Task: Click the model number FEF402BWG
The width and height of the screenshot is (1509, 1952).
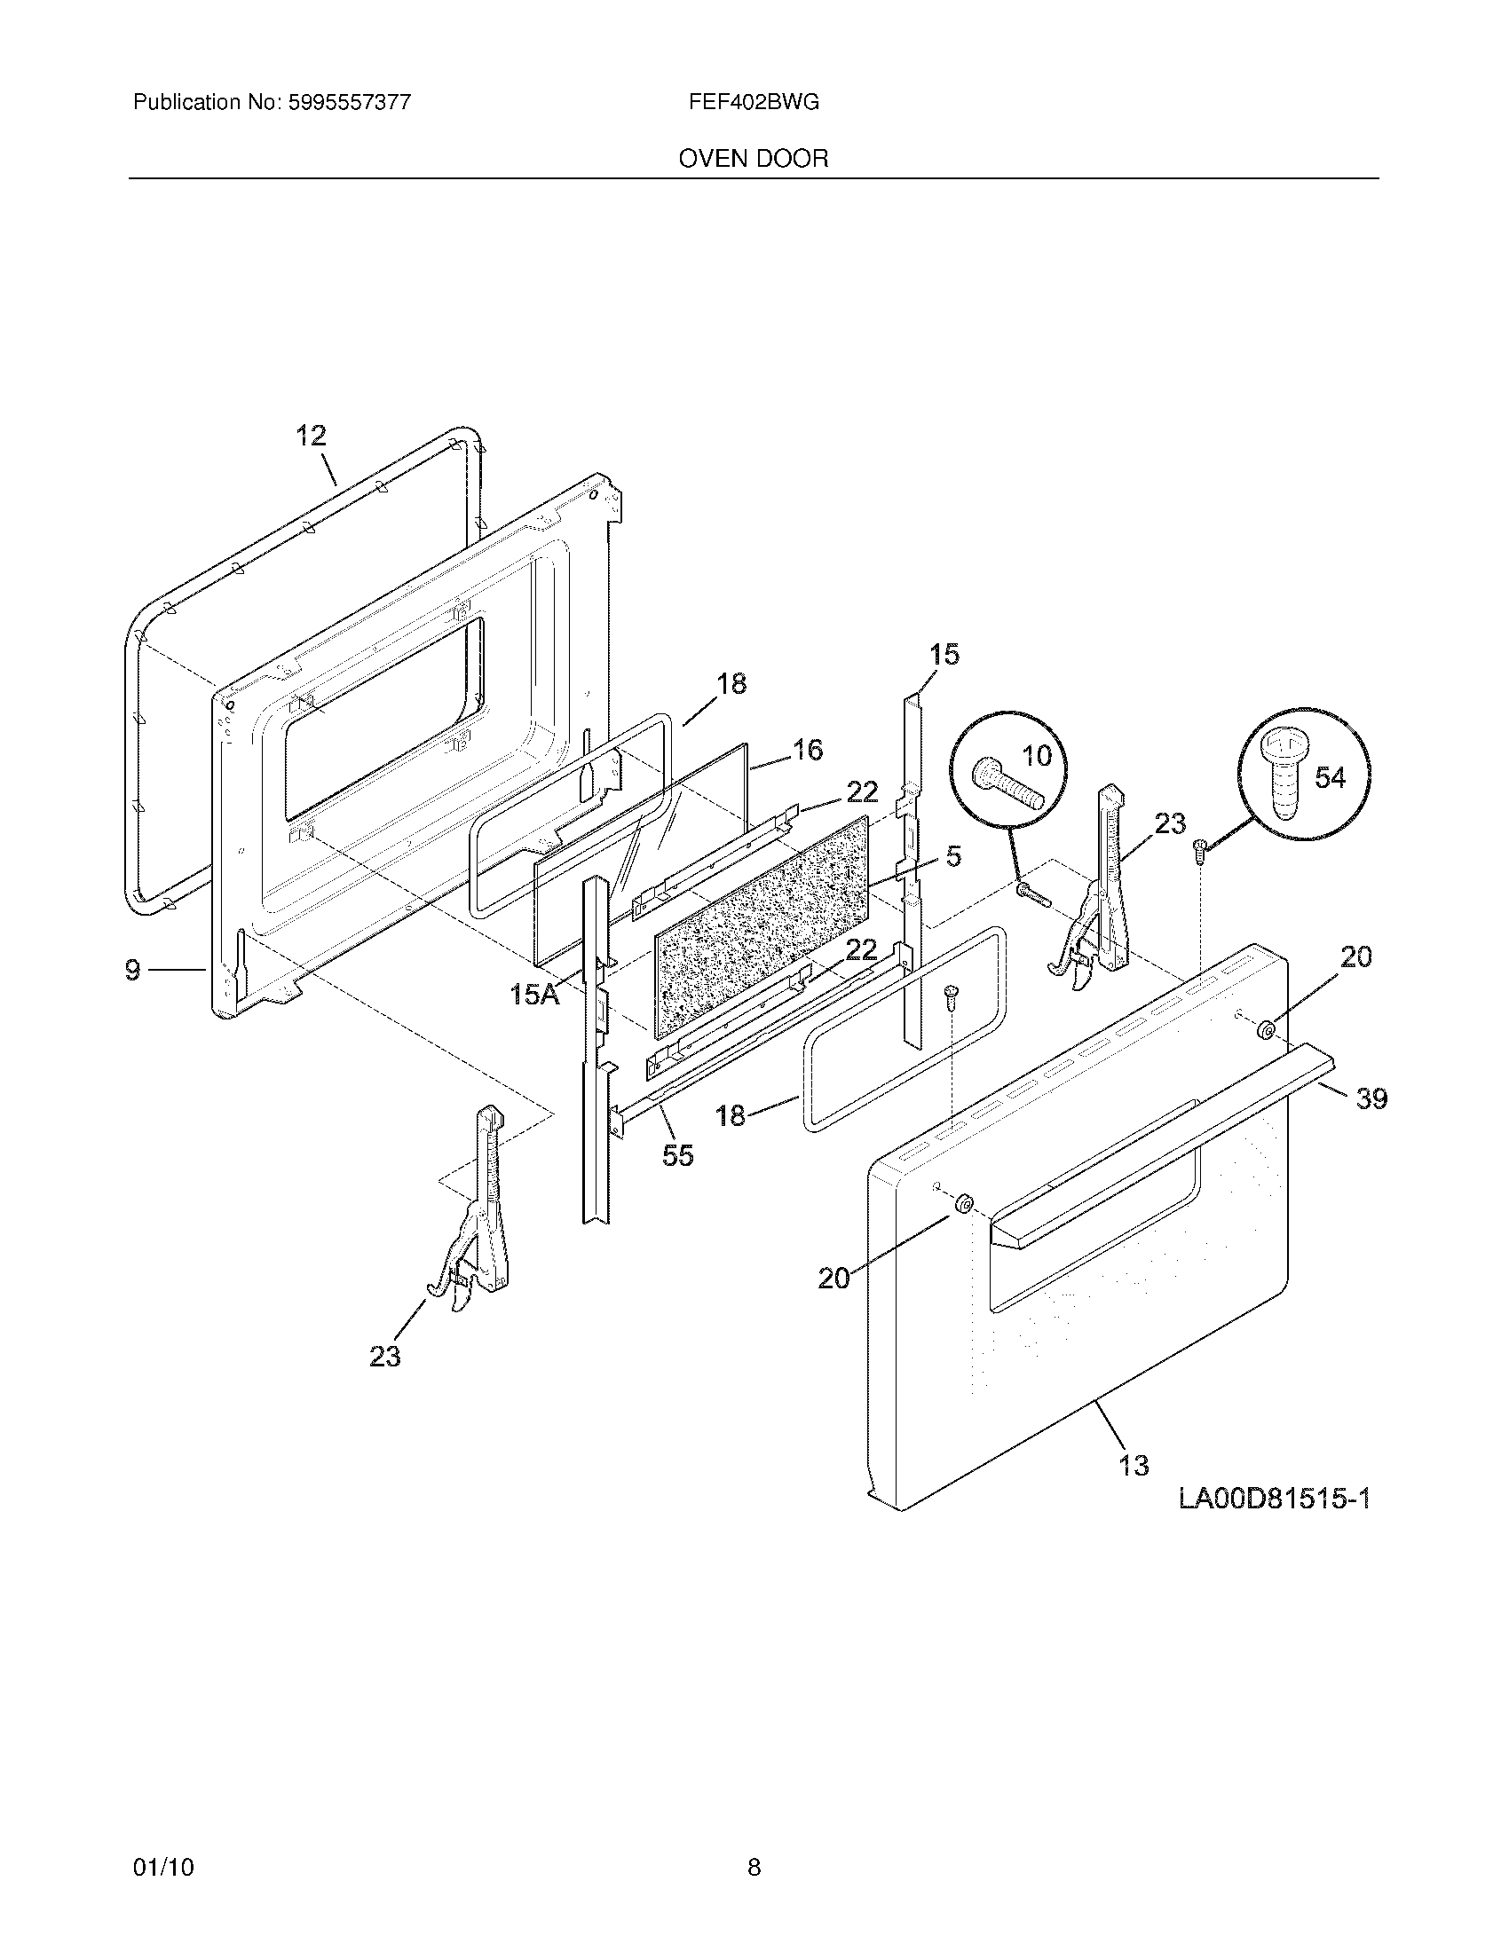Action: click(x=753, y=102)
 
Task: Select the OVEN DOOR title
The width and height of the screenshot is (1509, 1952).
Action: click(x=753, y=158)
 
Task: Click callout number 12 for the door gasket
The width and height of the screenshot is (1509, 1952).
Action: click(x=311, y=437)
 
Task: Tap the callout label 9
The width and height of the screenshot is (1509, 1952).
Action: click(x=132, y=969)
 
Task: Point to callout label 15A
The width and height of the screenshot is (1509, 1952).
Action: click(x=533, y=994)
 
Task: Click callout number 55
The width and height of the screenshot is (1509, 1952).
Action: click(x=677, y=1155)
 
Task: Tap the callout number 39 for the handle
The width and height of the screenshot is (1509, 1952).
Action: click(x=1371, y=1098)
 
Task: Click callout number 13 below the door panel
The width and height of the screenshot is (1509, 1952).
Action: click(x=1134, y=1466)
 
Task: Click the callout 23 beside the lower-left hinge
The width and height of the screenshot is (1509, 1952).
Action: click(x=385, y=1357)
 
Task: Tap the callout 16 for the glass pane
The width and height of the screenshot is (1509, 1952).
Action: click(x=807, y=750)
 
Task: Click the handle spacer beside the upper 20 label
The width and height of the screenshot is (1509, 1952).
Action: click(x=1266, y=1030)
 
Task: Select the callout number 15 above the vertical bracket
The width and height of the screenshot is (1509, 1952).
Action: click(x=944, y=654)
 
